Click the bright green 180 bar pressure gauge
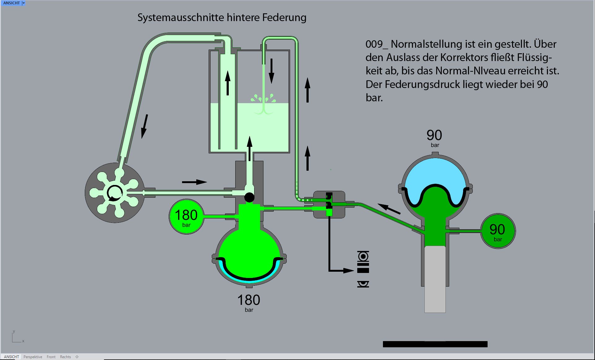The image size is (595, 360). (186, 217)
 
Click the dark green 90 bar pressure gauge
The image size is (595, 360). (497, 231)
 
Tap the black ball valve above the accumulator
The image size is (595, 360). (249, 197)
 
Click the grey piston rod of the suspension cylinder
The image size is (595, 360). (435, 279)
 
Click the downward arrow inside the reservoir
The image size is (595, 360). (271, 71)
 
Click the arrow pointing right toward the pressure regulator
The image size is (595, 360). (194, 182)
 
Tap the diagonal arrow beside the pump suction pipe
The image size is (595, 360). (144, 126)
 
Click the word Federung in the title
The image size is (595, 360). (284, 18)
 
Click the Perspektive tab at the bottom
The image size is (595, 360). (33, 357)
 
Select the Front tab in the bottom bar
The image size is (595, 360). (51, 357)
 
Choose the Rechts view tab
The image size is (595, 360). (65, 357)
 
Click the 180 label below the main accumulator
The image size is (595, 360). (249, 300)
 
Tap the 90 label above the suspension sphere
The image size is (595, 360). (434, 135)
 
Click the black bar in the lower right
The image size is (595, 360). (435, 344)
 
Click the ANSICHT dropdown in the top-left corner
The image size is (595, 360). (24, 3)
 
